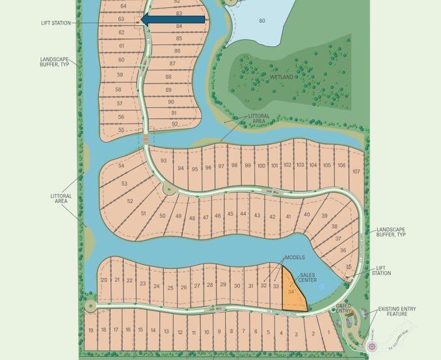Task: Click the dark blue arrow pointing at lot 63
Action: click(x=172, y=20)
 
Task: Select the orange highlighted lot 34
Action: click(x=292, y=294)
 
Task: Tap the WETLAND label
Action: click(x=282, y=77)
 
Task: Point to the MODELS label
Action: click(x=295, y=258)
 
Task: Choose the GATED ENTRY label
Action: click(x=343, y=309)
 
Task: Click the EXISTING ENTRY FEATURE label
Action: click(x=397, y=312)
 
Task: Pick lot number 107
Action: click(x=356, y=172)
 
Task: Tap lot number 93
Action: click(x=163, y=161)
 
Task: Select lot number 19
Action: click(x=90, y=330)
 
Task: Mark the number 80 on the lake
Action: click(x=262, y=21)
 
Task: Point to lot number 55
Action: click(x=121, y=130)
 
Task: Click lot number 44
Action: click(x=243, y=214)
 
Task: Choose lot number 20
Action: click(x=104, y=281)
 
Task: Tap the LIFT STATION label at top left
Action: click(x=56, y=23)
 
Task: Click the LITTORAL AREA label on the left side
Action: click(x=61, y=199)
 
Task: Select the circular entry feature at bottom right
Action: click(x=373, y=347)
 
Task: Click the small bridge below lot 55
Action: click(x=146, y=139)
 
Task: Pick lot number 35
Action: click(x=349, y=267)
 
